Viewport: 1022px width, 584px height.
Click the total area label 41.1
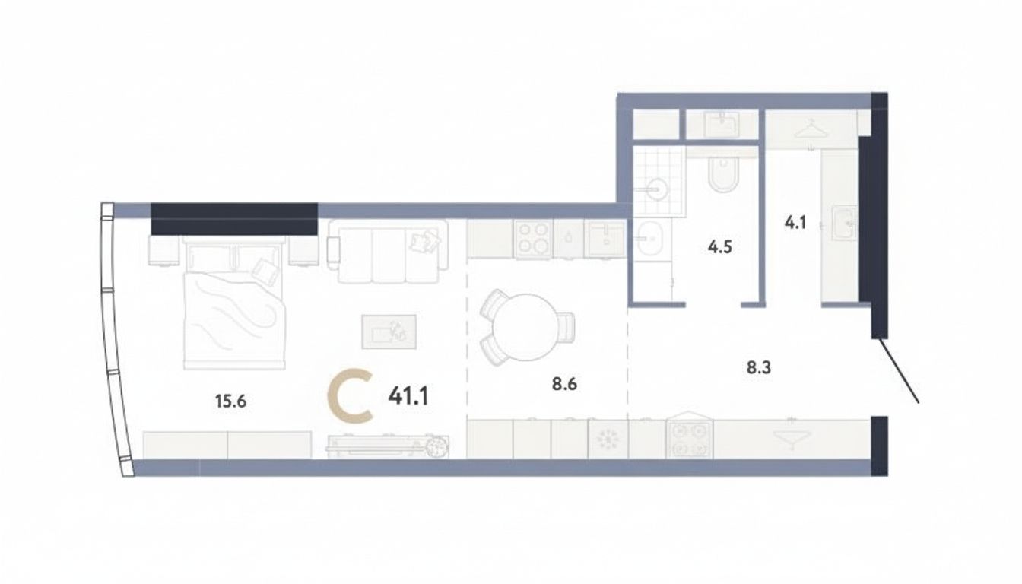coord(408,395)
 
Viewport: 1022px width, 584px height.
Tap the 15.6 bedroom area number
coord(230,401)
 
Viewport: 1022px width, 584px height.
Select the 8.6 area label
coord(564,384)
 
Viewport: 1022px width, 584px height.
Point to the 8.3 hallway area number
coord(759,367)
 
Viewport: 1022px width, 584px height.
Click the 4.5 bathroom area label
coord(719,247)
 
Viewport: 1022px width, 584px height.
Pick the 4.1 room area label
coord(795,223)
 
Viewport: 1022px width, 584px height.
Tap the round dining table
coord(526,327)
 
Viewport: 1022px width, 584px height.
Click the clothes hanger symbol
coord(811,128)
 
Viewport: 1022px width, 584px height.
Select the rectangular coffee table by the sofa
coord(389,332)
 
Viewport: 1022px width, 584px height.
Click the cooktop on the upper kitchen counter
coord(533,239)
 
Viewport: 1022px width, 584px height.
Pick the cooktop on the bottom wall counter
coord(689,440)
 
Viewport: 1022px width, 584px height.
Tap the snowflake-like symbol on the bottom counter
coord(608,439)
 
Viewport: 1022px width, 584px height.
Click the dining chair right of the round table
coord(566,327)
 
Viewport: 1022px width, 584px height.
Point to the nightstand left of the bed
coord(163,252)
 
